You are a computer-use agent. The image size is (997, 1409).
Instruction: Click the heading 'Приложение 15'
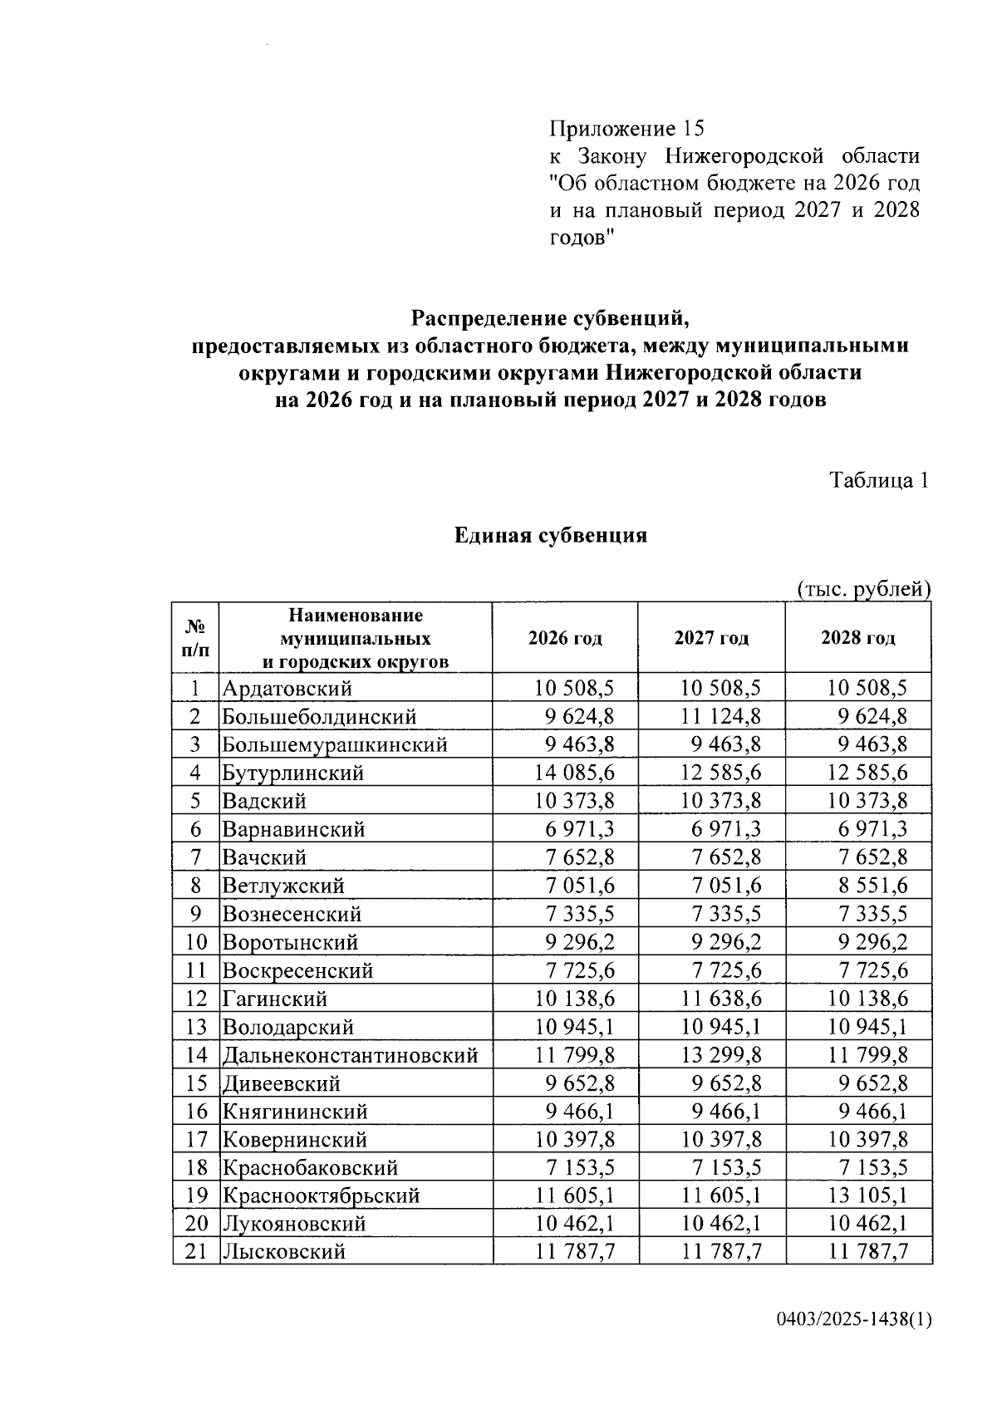(626, 129)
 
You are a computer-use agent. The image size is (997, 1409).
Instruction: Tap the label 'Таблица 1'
(879, 480)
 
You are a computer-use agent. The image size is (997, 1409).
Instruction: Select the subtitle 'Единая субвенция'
(550, 536)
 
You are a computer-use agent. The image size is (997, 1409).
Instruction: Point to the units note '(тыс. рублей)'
(863, 589)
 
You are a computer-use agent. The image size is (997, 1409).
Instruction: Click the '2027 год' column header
(711, 638)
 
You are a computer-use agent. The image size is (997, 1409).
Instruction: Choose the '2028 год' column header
(857, 638)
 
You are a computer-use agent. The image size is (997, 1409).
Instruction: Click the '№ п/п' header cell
(195, 638)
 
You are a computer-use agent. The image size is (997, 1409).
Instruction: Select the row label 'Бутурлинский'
(292, 773)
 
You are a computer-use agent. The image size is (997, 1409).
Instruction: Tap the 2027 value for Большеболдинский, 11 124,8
(721, 716)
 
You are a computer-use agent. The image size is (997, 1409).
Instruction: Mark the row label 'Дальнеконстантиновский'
(350, 1055)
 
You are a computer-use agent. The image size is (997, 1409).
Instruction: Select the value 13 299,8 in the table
(721, 1055)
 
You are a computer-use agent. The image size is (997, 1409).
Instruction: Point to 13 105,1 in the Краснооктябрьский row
(867, 1195)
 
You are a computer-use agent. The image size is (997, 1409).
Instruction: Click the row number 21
(195, 1252)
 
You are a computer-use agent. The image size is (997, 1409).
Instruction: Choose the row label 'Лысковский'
(283, 1252)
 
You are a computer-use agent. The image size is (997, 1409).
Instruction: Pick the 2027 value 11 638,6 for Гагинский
(721, 999)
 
